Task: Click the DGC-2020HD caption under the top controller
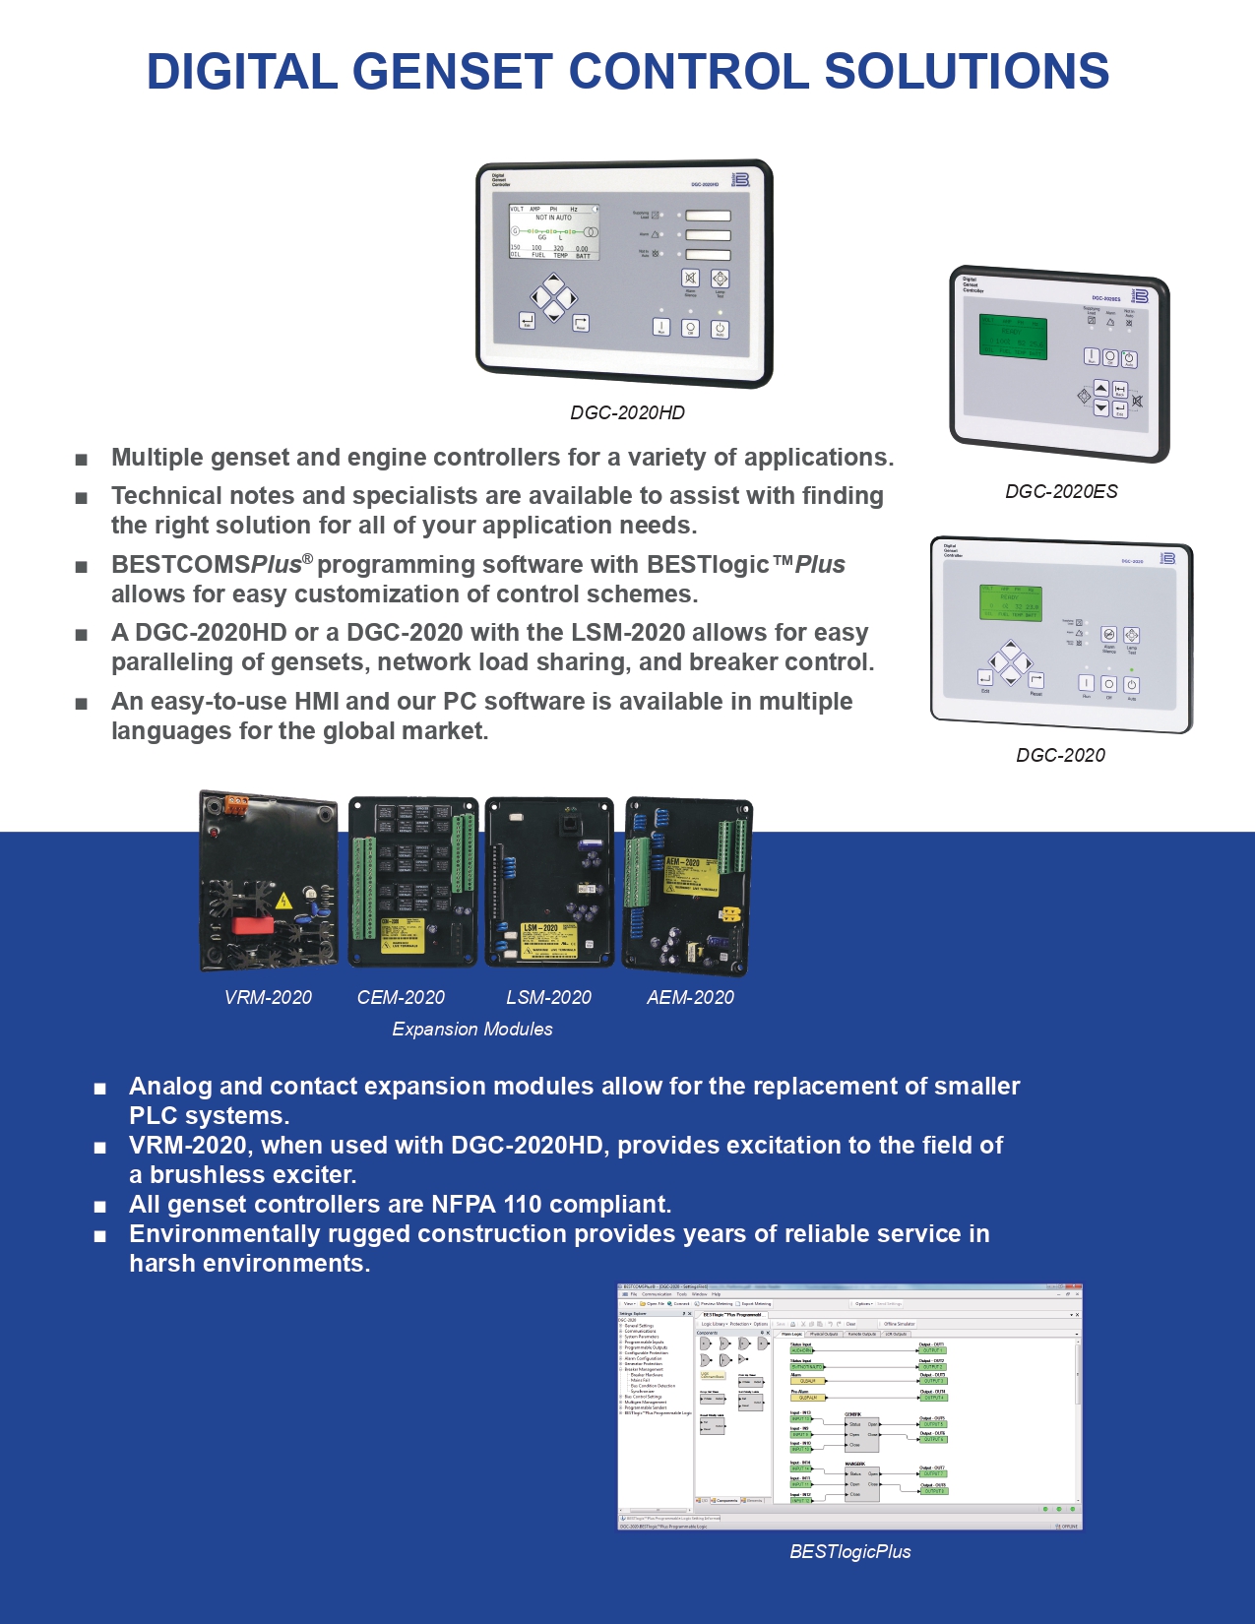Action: point(627,413)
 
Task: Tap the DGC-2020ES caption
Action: point(1061,491)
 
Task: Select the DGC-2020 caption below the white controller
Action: point(1060,755)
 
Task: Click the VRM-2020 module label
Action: point(268,997)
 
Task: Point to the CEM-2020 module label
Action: point(401,997)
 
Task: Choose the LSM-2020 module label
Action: point(548,997)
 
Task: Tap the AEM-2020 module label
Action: point(690,997)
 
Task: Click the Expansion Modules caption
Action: point(472,1029)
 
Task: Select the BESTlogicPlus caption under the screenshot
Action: point(850,1551)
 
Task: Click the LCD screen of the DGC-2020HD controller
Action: point(554,232)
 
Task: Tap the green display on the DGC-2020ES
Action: point(1012,338)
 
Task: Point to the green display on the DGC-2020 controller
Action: point(1010,602)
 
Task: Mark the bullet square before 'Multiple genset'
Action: point(82,459)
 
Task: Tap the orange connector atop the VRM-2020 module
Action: point(235,803)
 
